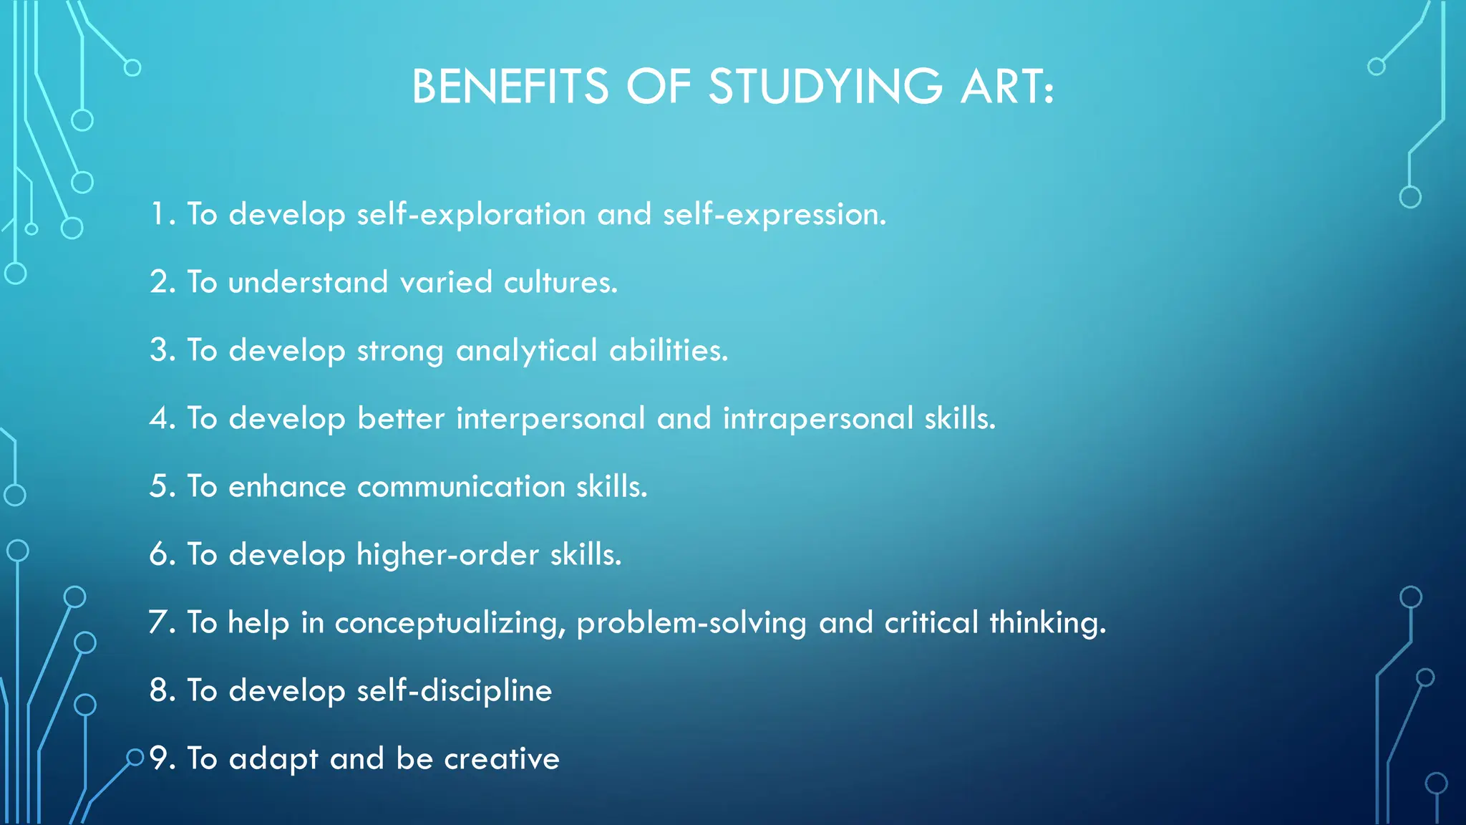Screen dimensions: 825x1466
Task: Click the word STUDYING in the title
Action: point(825,87)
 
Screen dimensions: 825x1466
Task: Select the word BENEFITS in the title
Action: point(510,87)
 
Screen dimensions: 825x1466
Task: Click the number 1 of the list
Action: point(159,213)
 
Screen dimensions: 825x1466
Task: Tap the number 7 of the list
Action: point(159,622)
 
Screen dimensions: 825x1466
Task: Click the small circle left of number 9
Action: point(135,757)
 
